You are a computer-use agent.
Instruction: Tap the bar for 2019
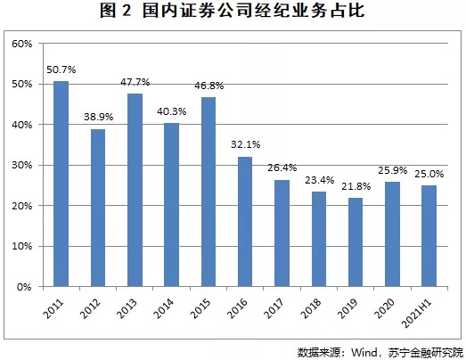pyautogui.click(x=356, y=242)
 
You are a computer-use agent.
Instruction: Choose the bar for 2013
pyautogui.click(x=135, y=191)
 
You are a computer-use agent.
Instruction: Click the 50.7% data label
pyautogui.click(x=60, y=70)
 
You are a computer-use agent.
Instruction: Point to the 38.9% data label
pyautogui.click(x=98, y=118)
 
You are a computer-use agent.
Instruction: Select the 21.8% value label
pyautogui.click(x=356, y=187)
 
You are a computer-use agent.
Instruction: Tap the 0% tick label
pyautogui.click(x=25, y=288)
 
